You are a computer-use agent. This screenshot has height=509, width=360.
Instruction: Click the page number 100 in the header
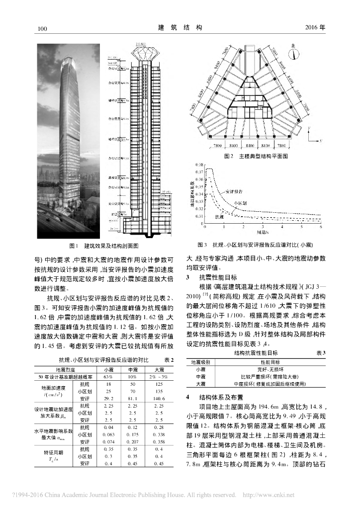(42, 28)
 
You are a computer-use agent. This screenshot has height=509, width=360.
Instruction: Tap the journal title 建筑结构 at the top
(180, 27)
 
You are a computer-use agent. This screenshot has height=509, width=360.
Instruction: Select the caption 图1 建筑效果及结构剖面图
(103, 246)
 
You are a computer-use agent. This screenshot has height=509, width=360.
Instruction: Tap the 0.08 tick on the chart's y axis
(199, 164)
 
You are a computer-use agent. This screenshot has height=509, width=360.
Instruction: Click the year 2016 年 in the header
(314, 28)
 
